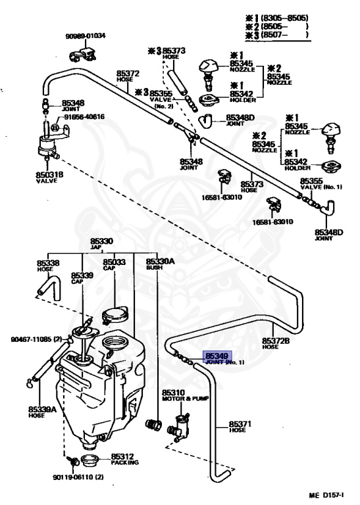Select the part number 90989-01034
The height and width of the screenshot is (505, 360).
[x=86, y=36]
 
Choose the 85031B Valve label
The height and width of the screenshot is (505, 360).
[x=50, y=177]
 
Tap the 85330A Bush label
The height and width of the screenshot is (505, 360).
[x=160, y=264]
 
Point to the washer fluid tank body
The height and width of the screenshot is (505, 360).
[x=99, y=395]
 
